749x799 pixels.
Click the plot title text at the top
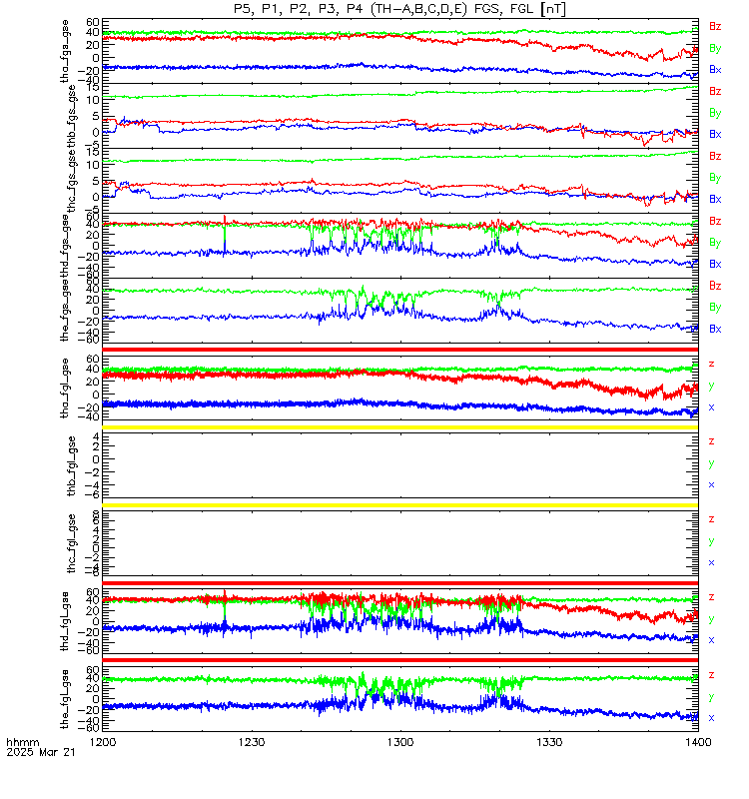tap(399, 9)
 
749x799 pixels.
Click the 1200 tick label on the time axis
tap(103, 742)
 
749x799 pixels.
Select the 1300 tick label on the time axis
tap(400, 742)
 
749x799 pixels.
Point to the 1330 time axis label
tap(549, 742)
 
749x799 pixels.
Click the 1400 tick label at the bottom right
tap(698, 742)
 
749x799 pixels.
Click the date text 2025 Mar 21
tap(34, 753)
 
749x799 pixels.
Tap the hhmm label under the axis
tap(21, 742)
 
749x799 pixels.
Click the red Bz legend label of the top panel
tap(715, 26)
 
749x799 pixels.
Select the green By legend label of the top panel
tap(715, 48)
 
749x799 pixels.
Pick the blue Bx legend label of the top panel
tap(715, 70)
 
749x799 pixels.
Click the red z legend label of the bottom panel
tap(712, 675)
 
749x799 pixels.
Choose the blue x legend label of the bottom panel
tap(712, 717)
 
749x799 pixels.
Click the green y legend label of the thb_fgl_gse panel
tap(712, 463)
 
